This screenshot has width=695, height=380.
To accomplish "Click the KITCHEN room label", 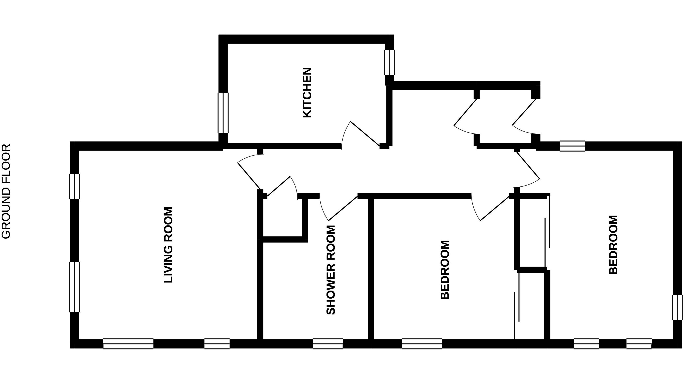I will click(x=307, y=92).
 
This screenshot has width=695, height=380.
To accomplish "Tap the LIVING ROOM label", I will click(x=168, y=245).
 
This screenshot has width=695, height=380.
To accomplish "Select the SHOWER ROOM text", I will click(x=330, y=270).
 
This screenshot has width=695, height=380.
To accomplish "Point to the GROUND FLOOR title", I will click(x=6, y=191).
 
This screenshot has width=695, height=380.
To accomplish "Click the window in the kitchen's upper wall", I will click(x=389, y=62).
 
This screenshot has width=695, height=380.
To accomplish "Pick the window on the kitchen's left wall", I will click(x=223, y=113).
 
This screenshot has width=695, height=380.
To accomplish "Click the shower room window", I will click(x=328, y=344).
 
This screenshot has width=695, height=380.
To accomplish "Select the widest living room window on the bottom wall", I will click(x=128, y=344).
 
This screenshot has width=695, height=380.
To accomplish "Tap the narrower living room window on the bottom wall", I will click(x=217, y=344).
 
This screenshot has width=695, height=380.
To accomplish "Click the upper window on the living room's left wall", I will click(x=75, y=186).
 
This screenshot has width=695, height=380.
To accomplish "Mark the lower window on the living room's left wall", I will click(x=75, y=287).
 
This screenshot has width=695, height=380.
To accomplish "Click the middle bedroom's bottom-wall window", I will click(x=422, y=344).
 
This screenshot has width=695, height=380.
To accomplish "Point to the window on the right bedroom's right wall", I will click(x=678, y=308).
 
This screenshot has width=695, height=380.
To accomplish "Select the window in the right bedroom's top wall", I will click(x=572, y=146).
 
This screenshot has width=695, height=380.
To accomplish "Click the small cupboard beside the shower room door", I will click(x=283, y=219).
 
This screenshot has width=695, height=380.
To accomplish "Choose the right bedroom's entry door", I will click(x=528, y=170).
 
